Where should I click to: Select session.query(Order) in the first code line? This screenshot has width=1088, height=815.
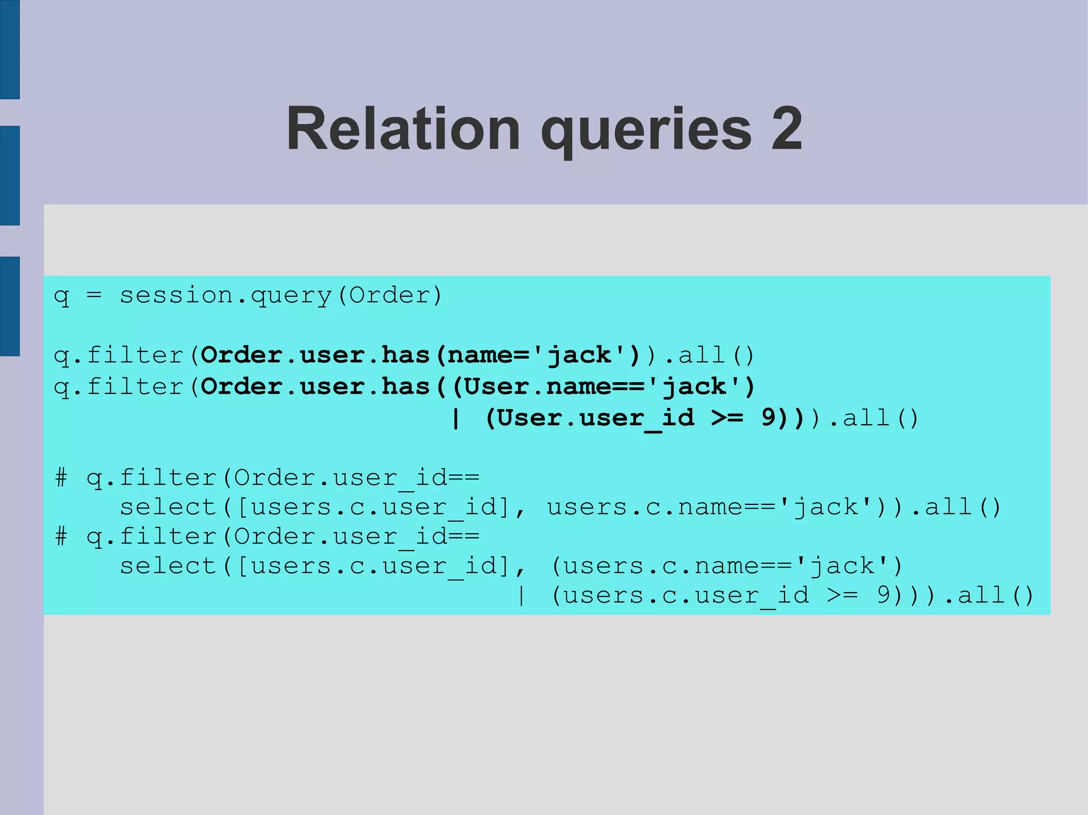click(x=280, y=296)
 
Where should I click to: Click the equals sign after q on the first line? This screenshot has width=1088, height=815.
click(x=94, y=295)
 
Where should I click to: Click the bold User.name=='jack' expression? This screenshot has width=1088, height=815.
click(x=603, y=387)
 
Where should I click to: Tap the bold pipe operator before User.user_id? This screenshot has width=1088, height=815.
click(x=455, y=418)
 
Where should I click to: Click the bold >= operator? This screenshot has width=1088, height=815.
click(x=728, y=418)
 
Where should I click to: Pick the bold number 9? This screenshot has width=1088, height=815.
click(x=769, y=417)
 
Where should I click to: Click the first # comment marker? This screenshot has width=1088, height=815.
click(x=61, y=478)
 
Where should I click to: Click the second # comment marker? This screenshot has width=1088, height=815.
click(x=61, y=536)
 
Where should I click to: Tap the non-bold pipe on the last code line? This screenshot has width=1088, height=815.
click(x=521, y=595)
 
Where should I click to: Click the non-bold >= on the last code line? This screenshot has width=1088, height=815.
click(x=843, y=595)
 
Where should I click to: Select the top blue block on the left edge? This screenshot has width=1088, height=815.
click(x=10, y=49)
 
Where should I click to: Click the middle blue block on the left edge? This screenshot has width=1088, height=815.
click(x=10, y=175)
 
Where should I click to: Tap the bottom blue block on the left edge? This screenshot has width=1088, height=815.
click(x=10, y=306)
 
